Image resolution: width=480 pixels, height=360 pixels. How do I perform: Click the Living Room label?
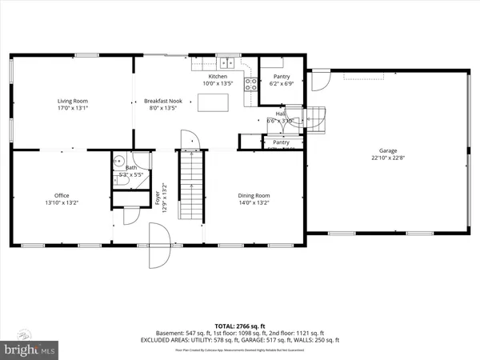tap(72, 101)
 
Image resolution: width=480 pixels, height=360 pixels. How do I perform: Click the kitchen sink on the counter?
tap(226, 62)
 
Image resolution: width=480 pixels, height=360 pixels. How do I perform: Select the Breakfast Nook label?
tap(162, 101)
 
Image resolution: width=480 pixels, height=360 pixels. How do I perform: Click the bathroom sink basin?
tap(118, 158)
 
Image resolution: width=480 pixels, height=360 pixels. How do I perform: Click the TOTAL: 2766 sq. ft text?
tap(239, 326)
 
